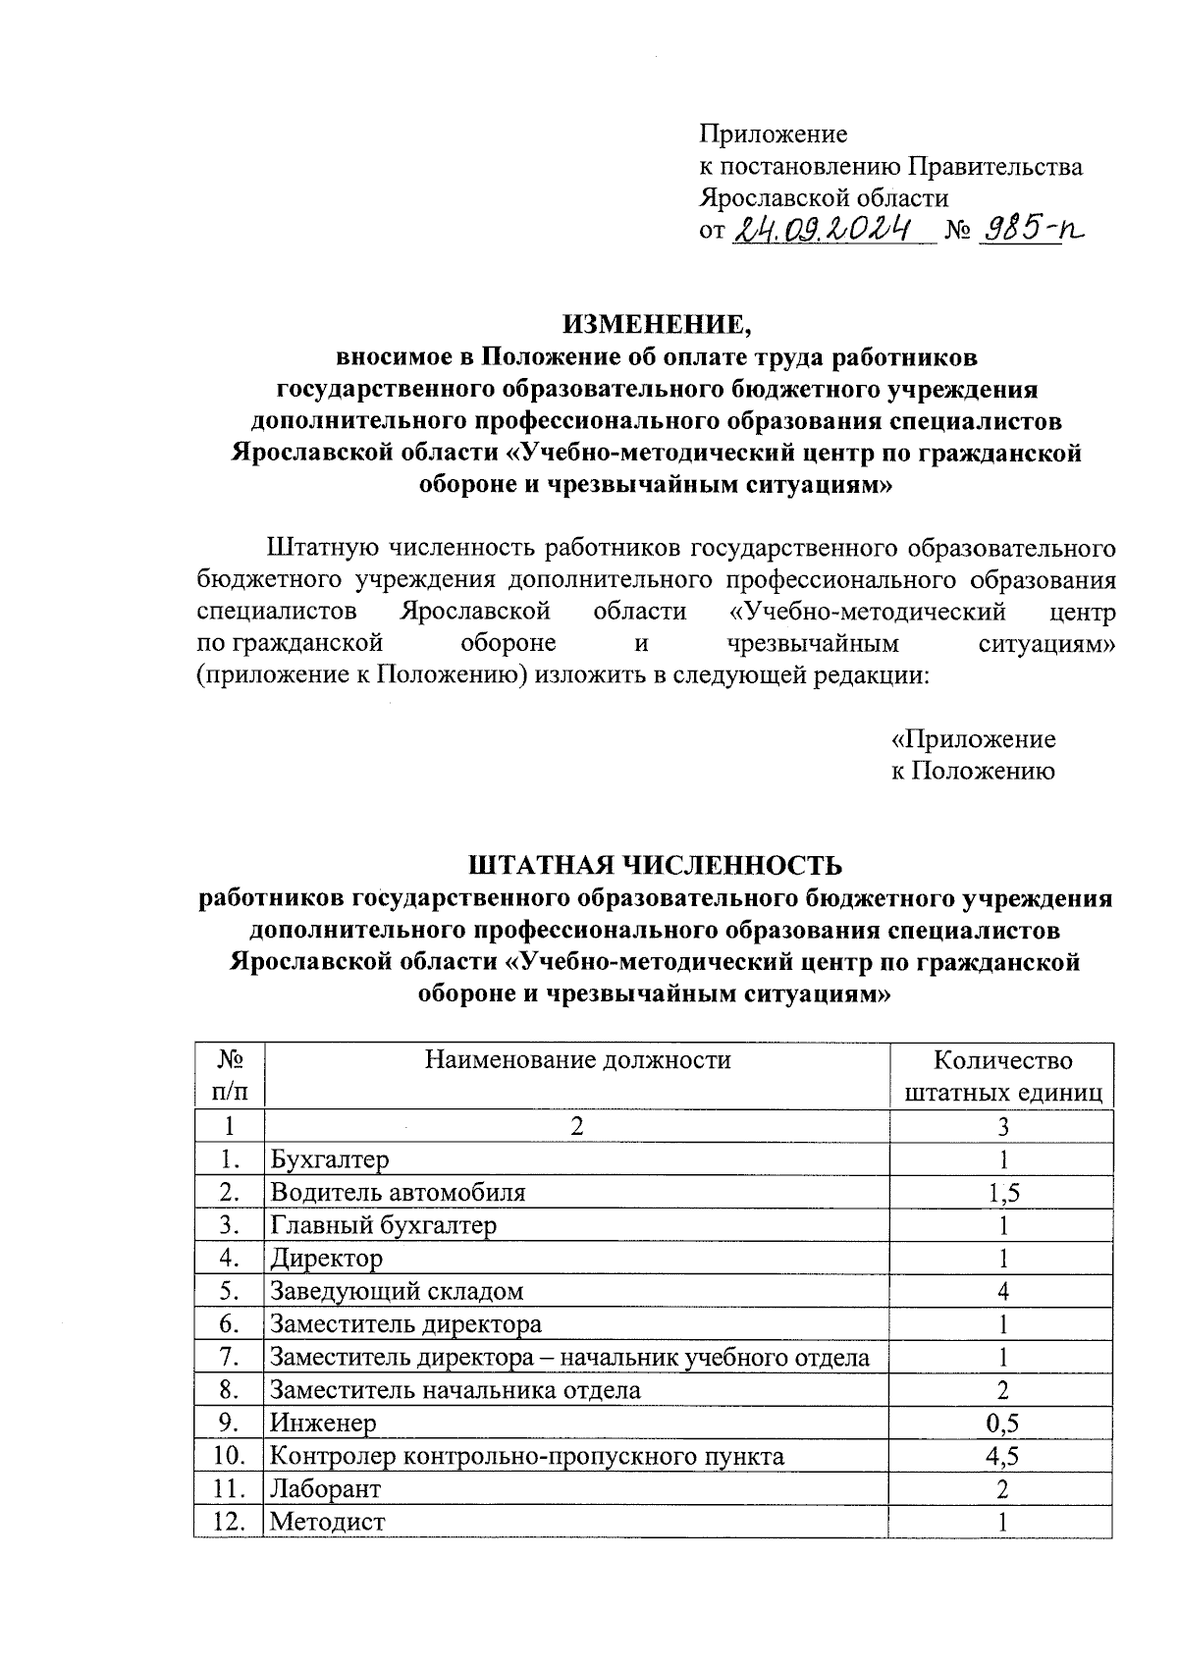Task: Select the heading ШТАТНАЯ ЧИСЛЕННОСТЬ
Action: point(656,865)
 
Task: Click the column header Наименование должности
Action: point(577,1059)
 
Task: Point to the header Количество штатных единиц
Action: point(1002,1076)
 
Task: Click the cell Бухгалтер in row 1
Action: point(330,1159)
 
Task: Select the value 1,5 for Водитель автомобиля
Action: point(1002,1193)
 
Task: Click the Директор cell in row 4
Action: point(326,1258)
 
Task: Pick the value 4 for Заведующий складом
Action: point(1002,1291)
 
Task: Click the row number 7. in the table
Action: point(230,1357)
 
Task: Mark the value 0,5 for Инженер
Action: point(1002,1423)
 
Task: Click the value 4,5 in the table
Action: point(1002,1456)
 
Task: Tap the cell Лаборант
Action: point(325,1488)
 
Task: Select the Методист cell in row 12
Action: point(328,1522)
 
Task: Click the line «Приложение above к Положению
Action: point(972,738)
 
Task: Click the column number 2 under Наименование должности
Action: point(576,1126)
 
